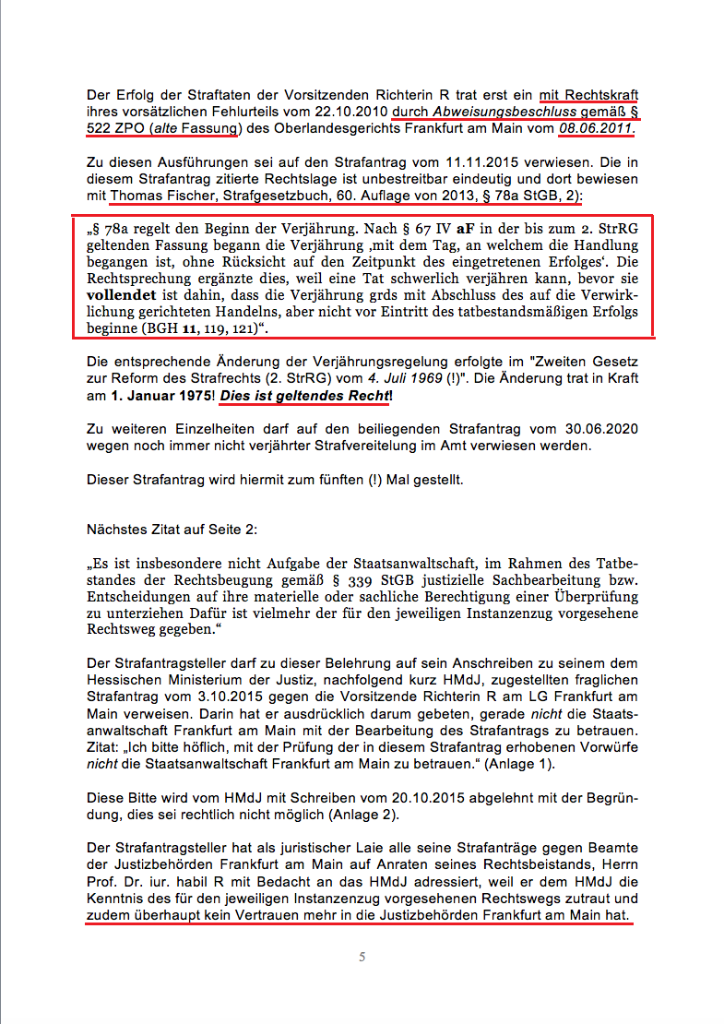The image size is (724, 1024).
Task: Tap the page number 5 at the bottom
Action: (x=362, y=957)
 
